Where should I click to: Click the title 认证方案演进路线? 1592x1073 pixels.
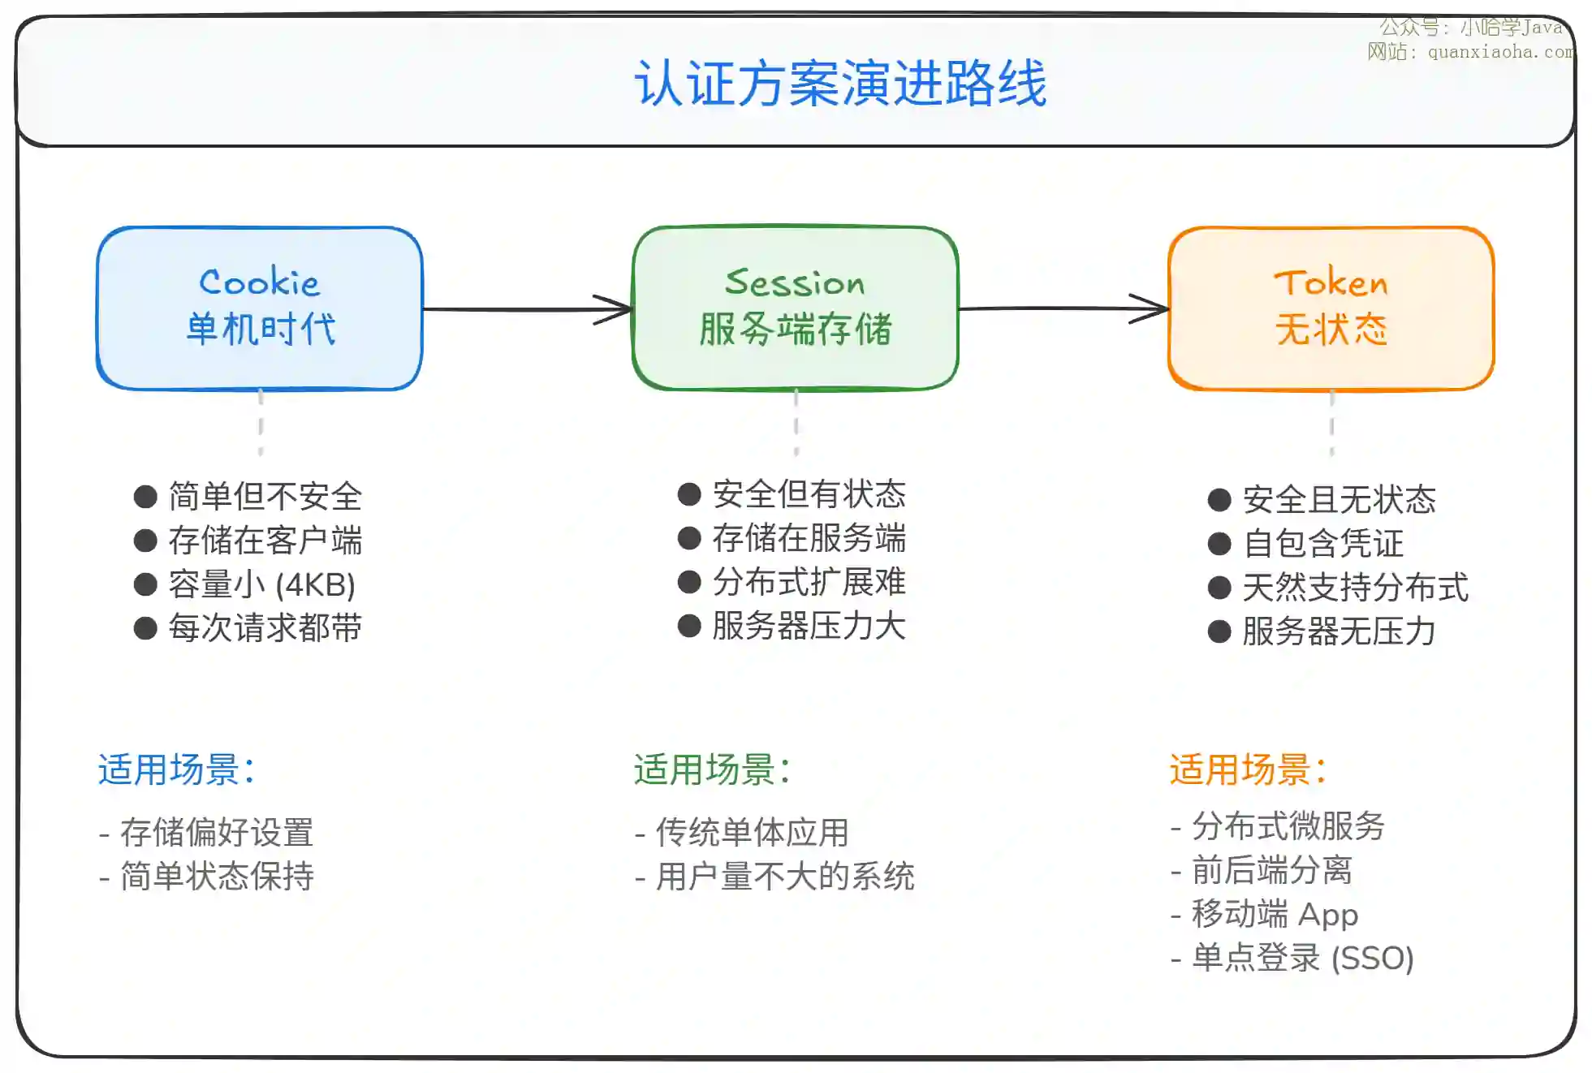(840, 83)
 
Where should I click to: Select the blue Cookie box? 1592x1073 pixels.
(260, 308)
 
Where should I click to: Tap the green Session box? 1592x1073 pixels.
(795, 308)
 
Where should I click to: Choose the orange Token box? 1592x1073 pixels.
(1331, 308)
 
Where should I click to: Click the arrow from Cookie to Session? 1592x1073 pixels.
(528, 309)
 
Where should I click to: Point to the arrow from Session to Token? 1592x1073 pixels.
(1063, 308)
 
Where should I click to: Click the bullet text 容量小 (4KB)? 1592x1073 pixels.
(261, 584)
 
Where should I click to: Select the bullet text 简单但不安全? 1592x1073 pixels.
(265, 497)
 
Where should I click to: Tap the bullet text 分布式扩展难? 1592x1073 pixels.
(809, 582)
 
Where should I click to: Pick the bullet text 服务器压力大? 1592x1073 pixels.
(809, 626)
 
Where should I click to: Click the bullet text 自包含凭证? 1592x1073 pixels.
(1322, 544)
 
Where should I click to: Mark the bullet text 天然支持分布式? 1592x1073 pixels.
(1355, 588)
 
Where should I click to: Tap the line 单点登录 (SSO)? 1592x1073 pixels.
(1302, 959)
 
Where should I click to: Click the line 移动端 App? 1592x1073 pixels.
(1275, 915)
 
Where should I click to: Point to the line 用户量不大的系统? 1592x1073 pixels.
(784, 877)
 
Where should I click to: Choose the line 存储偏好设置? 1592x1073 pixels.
(216, 833)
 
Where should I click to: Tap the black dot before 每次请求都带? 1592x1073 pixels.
(145, 628)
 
